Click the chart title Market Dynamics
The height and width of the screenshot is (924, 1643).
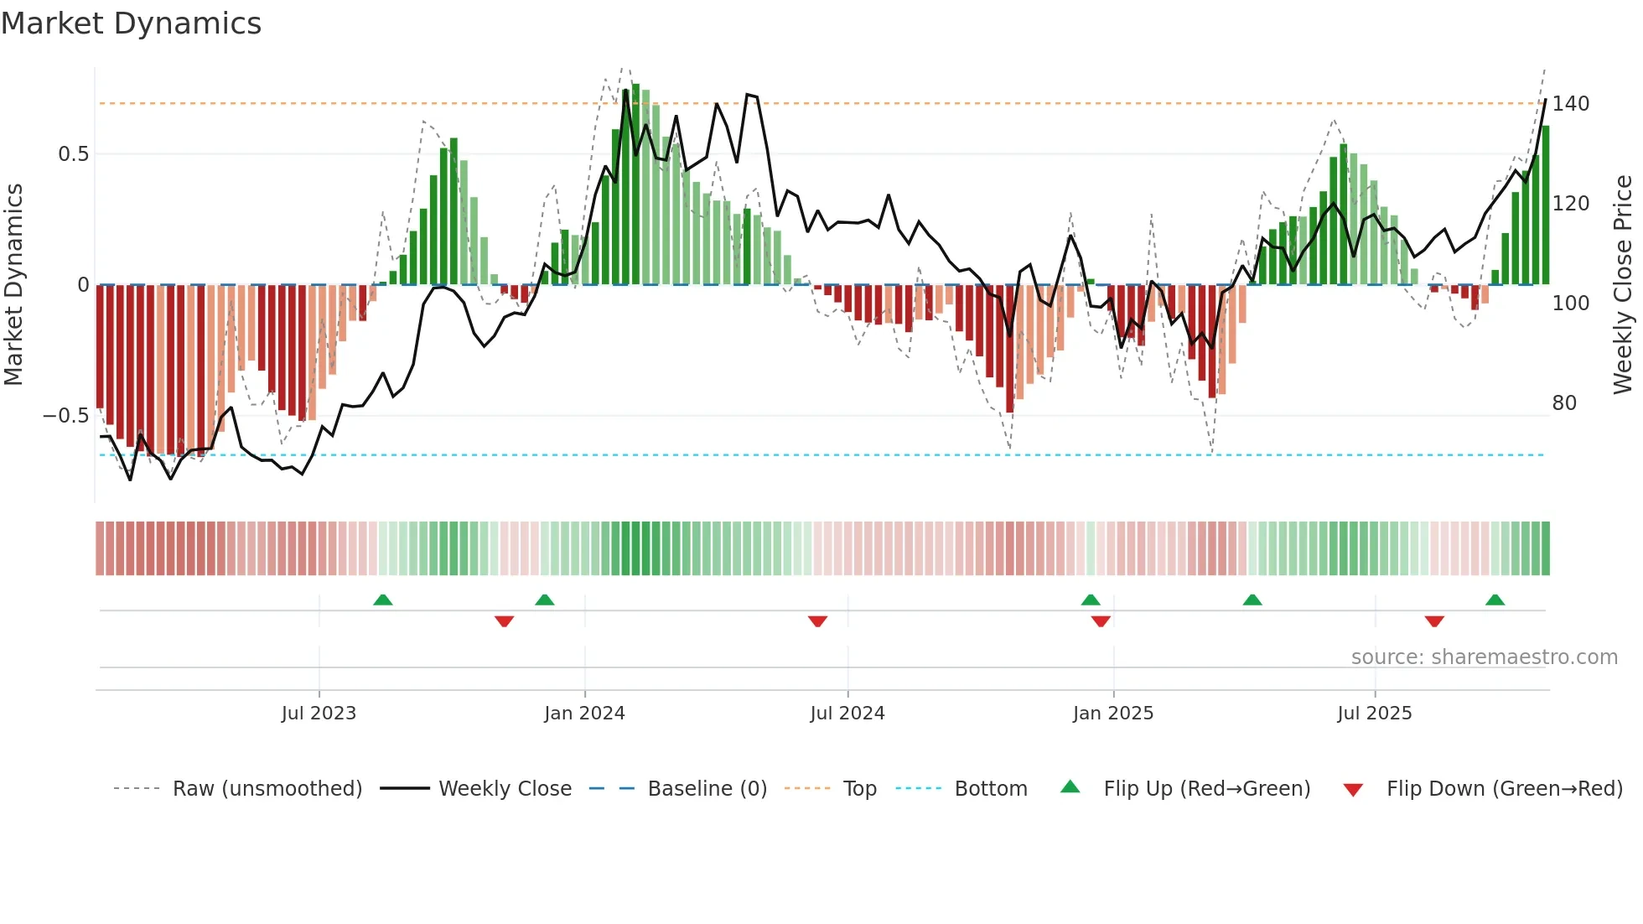[x=131, y=23]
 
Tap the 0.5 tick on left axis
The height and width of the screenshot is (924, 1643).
[x=73, y=154]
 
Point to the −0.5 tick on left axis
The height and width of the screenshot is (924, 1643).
[x=65, y=416]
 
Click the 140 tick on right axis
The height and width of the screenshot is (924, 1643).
[x=1570, y=104]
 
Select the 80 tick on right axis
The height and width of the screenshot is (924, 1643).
[x=1564, y=403]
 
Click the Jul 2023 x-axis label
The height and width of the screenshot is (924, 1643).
[x=319, y=714]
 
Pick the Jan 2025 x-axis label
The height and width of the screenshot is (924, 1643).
[x=1112, y=714]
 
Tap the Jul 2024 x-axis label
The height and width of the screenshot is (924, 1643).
[x=847, y=714]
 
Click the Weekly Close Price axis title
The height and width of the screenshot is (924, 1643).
[x=1623, y=285]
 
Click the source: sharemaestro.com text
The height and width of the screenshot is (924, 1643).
[x=1484, y=657]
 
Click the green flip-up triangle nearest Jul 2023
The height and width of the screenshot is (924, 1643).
[x=382, y=600]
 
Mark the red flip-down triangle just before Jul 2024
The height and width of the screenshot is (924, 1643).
[x=817, y=621]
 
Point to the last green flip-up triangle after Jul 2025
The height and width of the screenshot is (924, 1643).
[x=1495, y=600]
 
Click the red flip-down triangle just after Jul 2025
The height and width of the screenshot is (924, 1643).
[x=1434, y=621]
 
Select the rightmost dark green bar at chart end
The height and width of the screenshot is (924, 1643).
[x=1545, y=205]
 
